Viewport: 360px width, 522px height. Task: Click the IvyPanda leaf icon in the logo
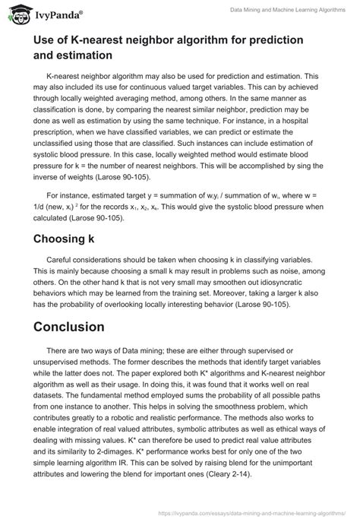(14, 13)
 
